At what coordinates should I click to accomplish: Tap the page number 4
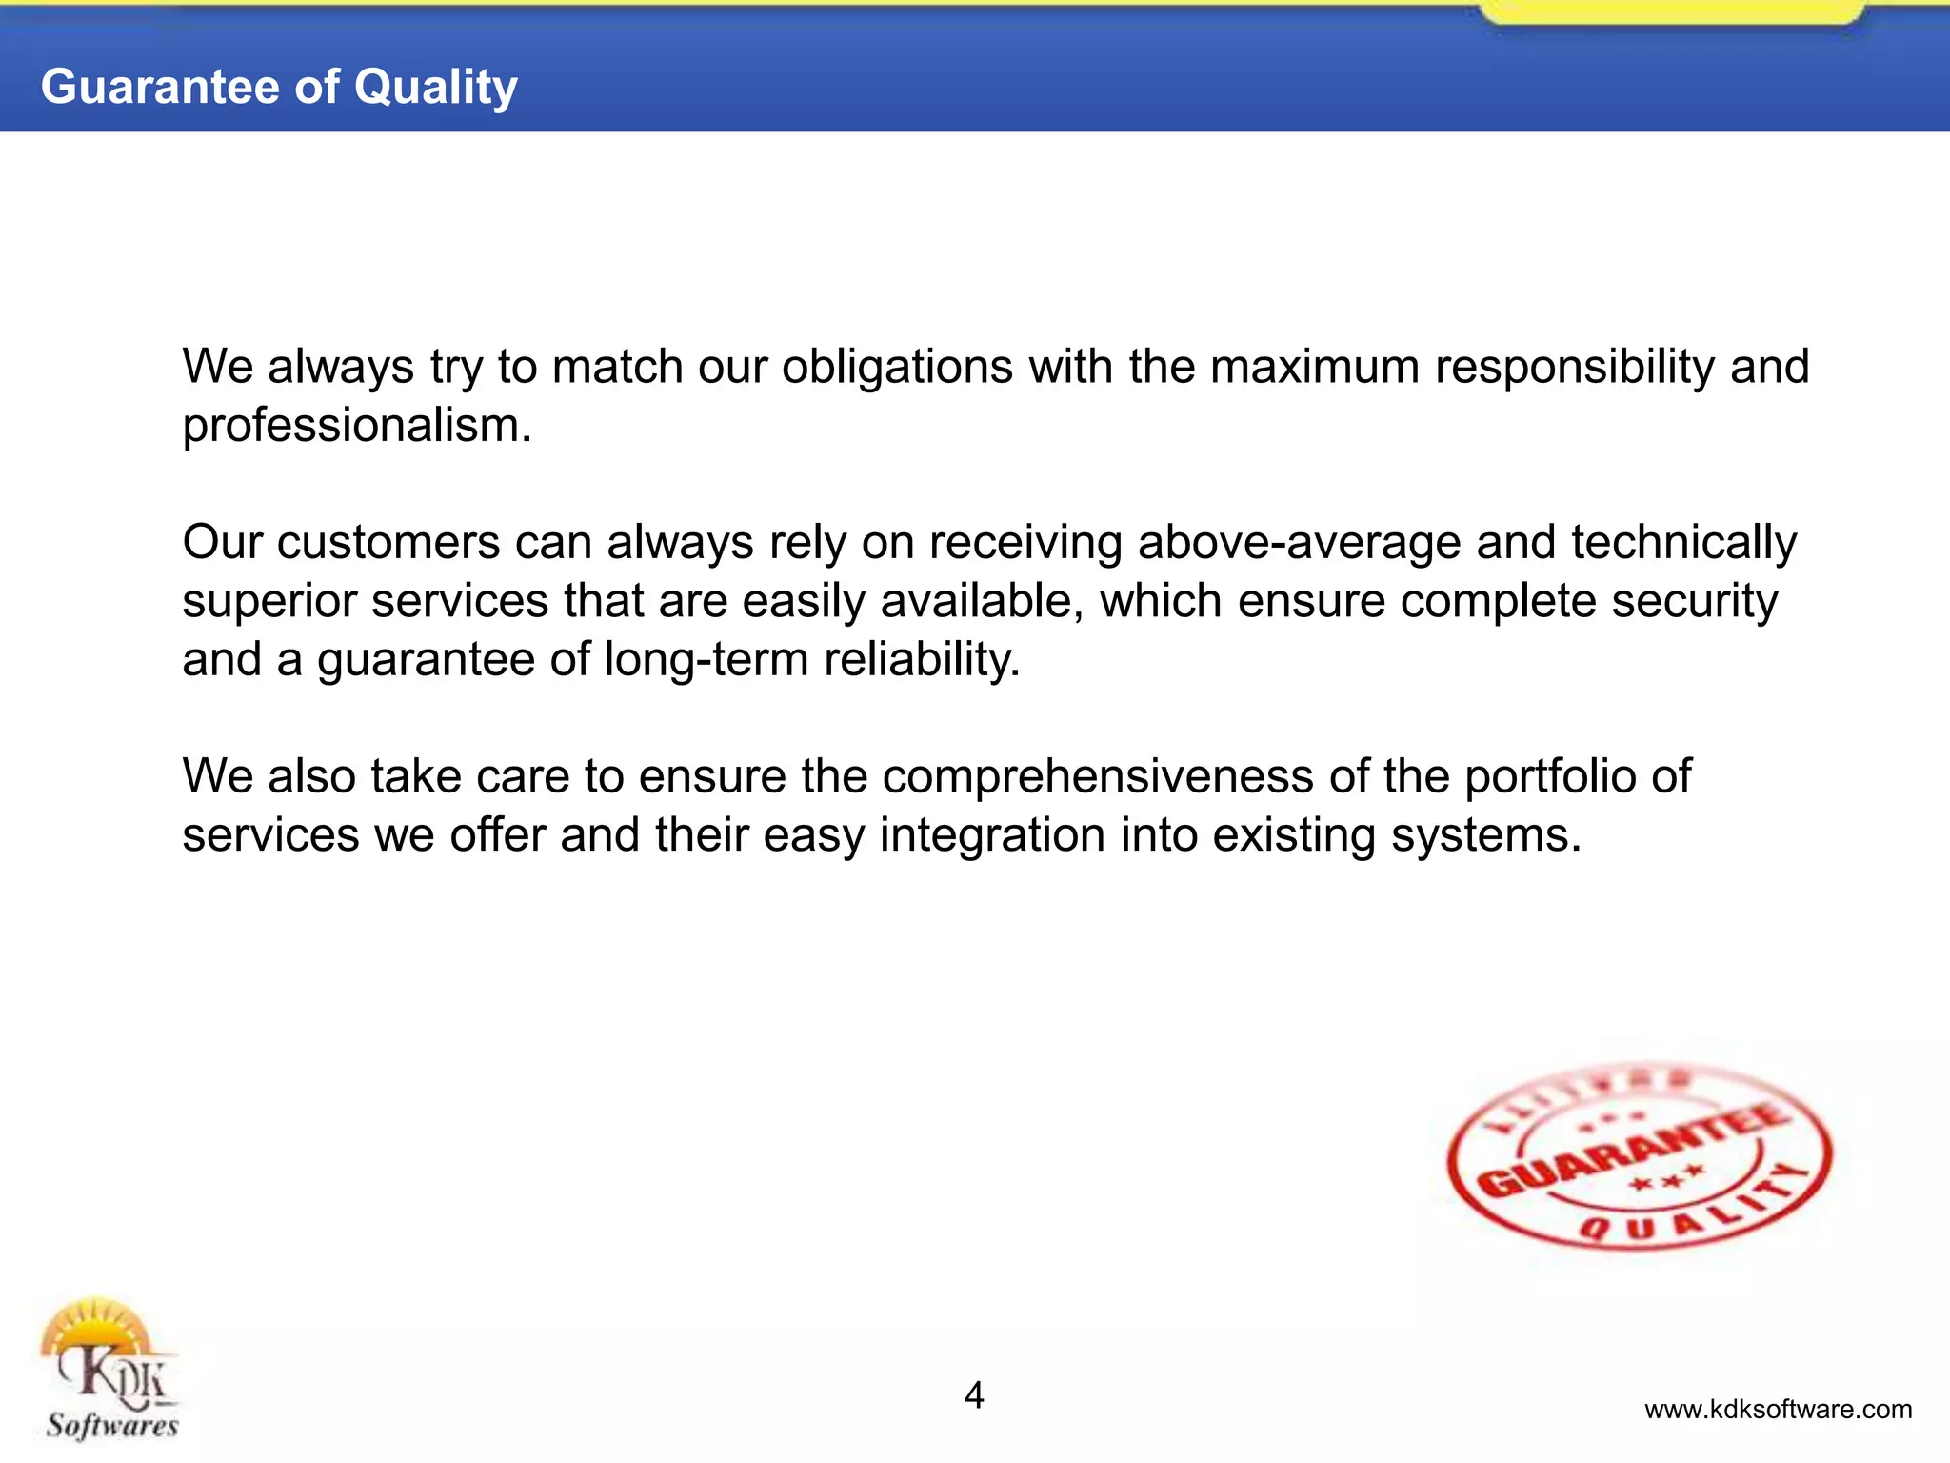point(974,1395)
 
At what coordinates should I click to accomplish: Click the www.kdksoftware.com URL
point(1778,1410)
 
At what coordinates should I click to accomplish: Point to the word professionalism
point(356,426)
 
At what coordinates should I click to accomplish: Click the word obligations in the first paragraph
point(897,367)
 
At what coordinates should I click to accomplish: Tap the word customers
point(388,543)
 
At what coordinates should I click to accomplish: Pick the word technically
point(1683,543)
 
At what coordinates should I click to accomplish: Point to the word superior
point(269,602)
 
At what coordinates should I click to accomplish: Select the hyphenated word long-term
point(706,659)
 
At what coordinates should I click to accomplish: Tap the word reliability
point(922,659)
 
